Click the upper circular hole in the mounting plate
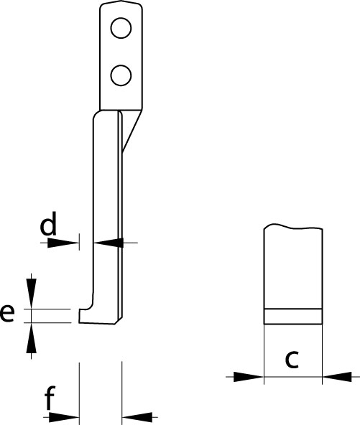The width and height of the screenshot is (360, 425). tap(121, 28)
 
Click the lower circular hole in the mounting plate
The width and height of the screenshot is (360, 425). tap(121, 75)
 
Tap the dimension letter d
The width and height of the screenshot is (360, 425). tap(48, 223)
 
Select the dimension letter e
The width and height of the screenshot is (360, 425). tap(7, 313)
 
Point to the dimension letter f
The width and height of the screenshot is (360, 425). tap(50, 397)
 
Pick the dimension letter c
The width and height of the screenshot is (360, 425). tap(292, 360)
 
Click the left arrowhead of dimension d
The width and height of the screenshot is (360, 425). tap(63, 243)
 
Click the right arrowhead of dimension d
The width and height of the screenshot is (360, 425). tap(109, 243)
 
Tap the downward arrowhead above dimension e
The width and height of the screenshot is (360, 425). tap(31, 294)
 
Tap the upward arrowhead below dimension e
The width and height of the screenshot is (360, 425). tap(31, 337)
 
